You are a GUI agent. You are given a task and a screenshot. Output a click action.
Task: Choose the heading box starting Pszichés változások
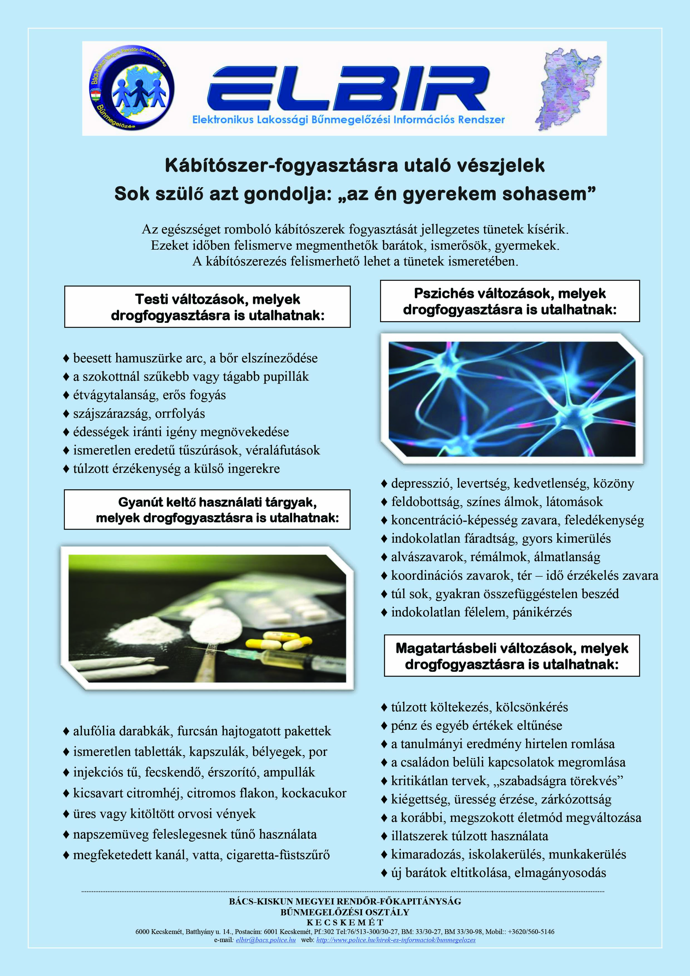point(509,301)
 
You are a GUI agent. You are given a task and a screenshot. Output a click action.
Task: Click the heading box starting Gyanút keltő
point(207,510)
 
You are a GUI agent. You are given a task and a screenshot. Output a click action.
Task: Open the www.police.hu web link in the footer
point(396,940)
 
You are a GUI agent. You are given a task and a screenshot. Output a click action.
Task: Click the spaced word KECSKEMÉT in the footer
point(345,922)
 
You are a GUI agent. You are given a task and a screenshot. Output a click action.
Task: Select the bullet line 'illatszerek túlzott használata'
point(469,836)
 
